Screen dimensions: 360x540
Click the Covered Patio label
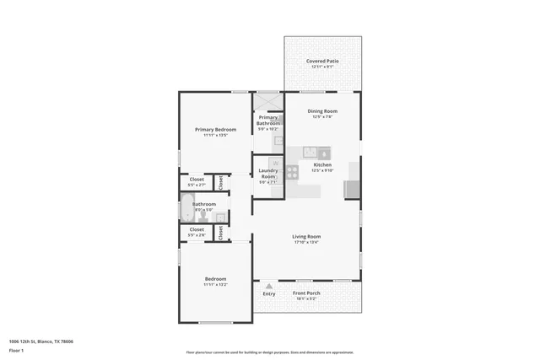(x=322, y=61)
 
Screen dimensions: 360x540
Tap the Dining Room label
(x=322, y=111)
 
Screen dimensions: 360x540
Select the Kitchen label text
(x=322, y=164)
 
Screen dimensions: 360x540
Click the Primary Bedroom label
(x=215, y=129)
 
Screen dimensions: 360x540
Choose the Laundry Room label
(x=268, y=174)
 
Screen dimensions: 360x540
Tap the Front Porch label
(x=305, y=293)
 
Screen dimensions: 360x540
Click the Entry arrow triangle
(x=269, y=286)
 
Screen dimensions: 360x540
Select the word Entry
(x=269, y=293)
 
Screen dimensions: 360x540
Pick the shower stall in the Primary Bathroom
(x=268, y=101)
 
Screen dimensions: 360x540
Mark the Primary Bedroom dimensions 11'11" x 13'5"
(x=215, y=135)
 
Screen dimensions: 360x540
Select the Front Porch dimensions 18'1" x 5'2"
(x=305, y=298)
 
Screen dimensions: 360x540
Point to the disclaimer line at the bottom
(x=270, y=352)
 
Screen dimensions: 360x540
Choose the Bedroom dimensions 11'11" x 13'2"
(x=215, y=284)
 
